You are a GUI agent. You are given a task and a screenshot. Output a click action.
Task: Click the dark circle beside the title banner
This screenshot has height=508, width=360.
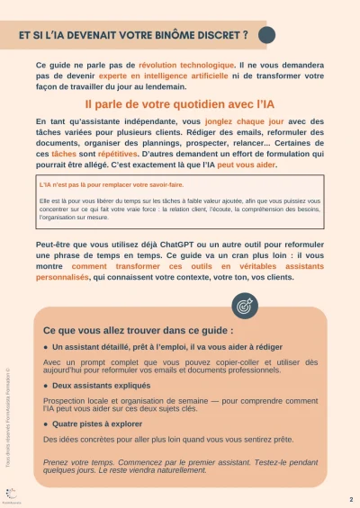[x=266, y=35]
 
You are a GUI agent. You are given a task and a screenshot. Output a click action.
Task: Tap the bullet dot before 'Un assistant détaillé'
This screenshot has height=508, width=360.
[x=46, y=346]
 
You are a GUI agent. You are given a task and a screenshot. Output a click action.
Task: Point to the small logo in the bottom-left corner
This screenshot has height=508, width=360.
[x=11, y=494]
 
